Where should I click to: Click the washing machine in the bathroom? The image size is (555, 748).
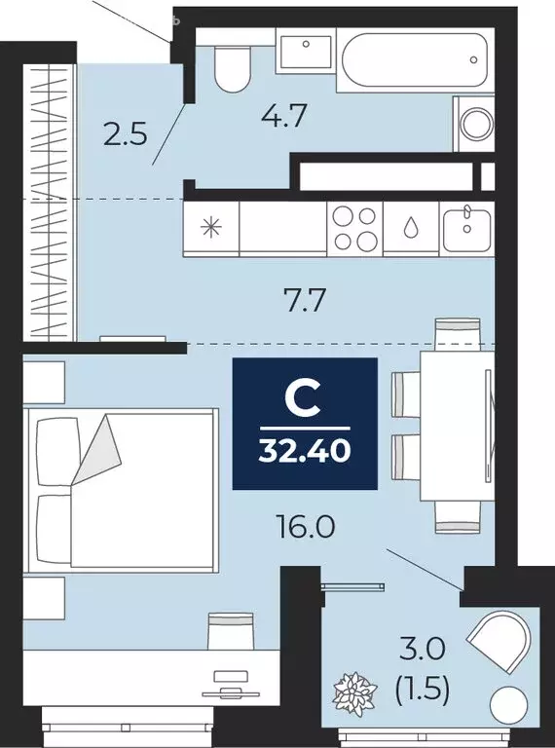pos(477,124)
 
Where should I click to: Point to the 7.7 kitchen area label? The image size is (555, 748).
pos(299,298)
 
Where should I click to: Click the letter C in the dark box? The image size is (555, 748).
pos(304,398)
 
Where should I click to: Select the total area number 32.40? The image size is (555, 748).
pos(304,451)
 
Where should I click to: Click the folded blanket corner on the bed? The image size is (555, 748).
pos(99,449)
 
